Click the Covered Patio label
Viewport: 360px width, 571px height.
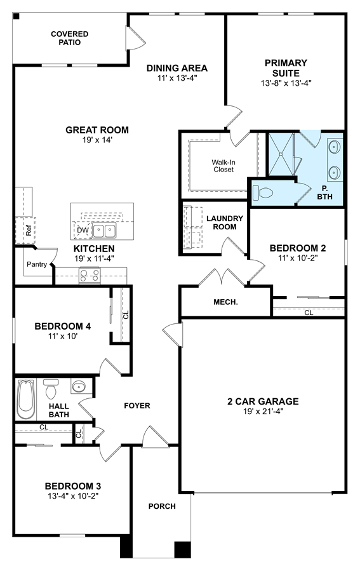tap(70, 38)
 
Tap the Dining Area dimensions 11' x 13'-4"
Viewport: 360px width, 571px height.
tap(177, 77)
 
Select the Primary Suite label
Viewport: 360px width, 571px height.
tap(286, 68)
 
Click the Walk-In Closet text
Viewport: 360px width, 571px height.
tap(223, 166)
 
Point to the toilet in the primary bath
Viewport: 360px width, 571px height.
tap(263, 192)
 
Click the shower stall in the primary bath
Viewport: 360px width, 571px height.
tap(281, 154)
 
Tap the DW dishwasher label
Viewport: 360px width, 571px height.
tap(83, 230)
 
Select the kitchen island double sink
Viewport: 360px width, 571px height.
tap(103, 230)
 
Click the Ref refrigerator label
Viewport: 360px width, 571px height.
tap(29, 231)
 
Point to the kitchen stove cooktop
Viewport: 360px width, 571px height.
tap(90, 275)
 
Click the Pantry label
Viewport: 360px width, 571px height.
tap(37, 264)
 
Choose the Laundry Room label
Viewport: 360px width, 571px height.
tap(225, 222)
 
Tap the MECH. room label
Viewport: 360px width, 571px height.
tap(225, 302)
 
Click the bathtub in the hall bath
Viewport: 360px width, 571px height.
tap(26, 400)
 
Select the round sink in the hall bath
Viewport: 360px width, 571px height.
tap(78, 386)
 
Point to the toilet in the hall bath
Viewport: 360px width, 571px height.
tap(51, 389)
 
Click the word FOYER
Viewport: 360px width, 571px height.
tap(137, 406)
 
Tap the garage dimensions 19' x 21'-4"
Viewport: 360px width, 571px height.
tap(263, 412)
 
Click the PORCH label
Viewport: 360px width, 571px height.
tap(162, 506)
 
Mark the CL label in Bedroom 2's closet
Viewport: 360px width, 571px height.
tap(309, 312)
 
